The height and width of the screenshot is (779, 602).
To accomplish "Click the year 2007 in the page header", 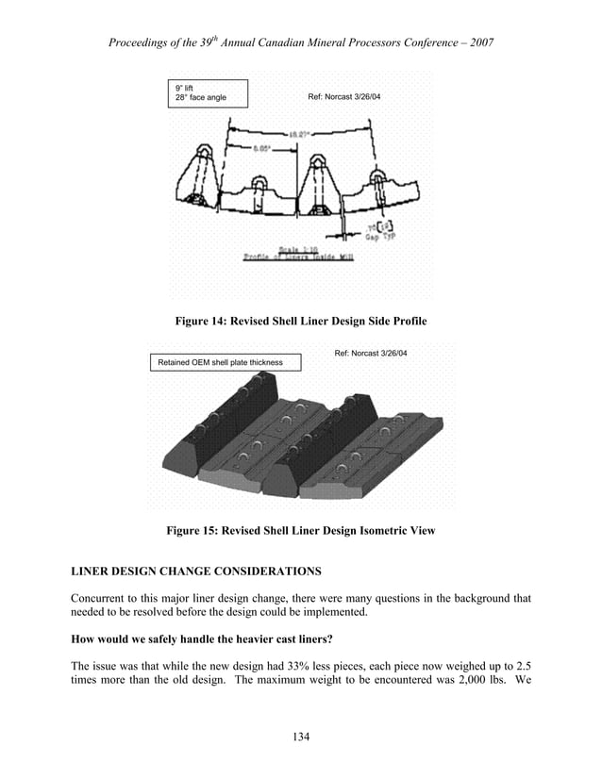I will (479, 43).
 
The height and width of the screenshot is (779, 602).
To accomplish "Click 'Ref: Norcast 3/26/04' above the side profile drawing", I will (344, 98).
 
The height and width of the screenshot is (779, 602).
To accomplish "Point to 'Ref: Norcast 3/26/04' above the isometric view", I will (371, 354).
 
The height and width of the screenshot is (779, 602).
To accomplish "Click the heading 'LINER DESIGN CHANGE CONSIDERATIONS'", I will (195, 572).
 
